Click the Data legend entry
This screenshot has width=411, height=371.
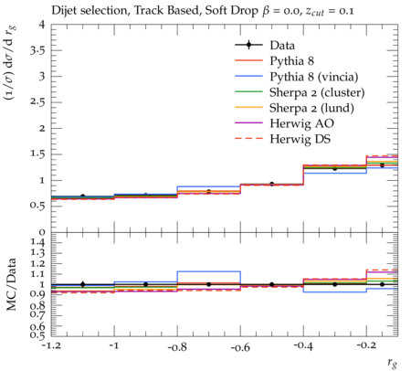pyautogui.click(x=282, y=46)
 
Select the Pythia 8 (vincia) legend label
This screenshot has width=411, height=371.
pyautogui.click(x=314, y=77)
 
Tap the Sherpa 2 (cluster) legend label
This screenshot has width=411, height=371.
pyautogui.click(x=317, y=92)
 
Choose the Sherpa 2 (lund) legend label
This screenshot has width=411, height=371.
pyautogui.click(x=311, y=108)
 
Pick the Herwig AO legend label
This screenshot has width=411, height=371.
pyautogui.click(x=301, y=123)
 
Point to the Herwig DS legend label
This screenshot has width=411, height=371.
pyautogui.click(x=300, y=139)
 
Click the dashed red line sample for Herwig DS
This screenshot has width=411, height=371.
pyautogui.click(x=248, y=139)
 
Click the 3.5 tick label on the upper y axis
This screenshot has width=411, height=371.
pyautogui.click(x=37, y=50)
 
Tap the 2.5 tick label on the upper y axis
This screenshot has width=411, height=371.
pyautogui.click(x=37, y=102)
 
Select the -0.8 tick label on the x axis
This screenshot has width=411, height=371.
pyautogui.click(x=177, y=346)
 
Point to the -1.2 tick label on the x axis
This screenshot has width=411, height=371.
pyautogui.click(x=51, y=346)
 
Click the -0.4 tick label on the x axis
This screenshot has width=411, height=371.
pyautogui.click(x=303, y=346)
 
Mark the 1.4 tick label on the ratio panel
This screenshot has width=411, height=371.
pyautogui.click(x=37, y=243)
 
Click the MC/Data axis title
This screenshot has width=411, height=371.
pyautogui.click(x=12, y=284)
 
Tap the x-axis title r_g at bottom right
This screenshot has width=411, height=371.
pyautogui.click(x=392, y=363)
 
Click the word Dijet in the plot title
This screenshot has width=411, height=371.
pyautogui.click(x=63, y=11)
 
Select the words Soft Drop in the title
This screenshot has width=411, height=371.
pyautogui.click(x=231, y=11)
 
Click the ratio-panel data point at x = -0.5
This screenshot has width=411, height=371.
pyautogui.click(x=272, y=284)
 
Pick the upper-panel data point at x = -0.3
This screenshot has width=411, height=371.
pyautogui.click(x=335, y=168)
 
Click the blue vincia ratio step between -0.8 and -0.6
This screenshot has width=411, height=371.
pyautogui.click(x=209, y=271)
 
